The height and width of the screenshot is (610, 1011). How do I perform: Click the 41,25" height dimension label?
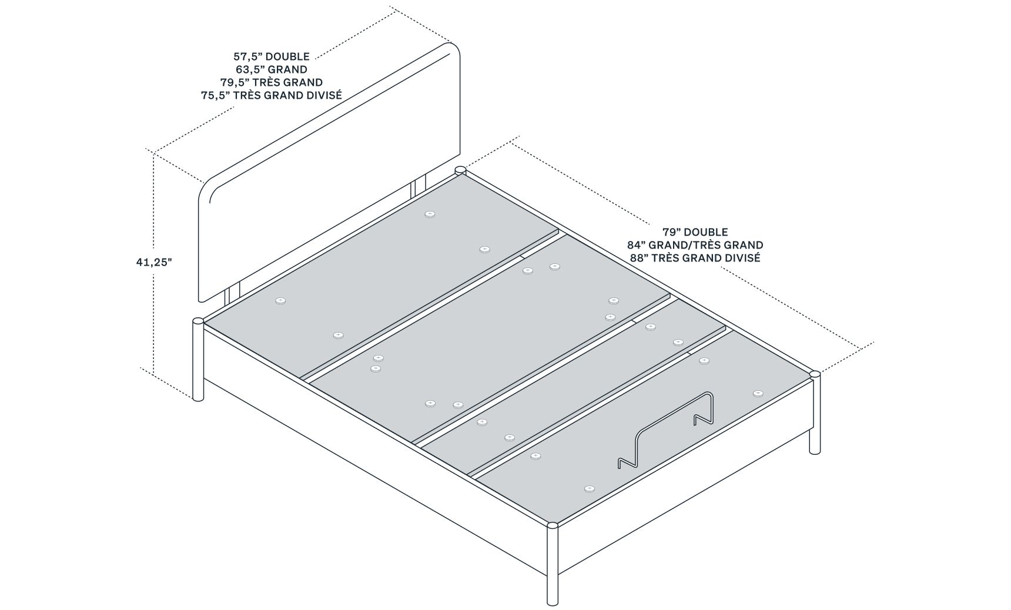pos(154,262)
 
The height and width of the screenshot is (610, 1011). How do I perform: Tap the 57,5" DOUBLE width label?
pos(272,57)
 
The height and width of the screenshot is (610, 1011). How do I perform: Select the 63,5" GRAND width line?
pos(272,69)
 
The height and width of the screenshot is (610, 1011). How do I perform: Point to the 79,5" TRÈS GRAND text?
pos(272,82)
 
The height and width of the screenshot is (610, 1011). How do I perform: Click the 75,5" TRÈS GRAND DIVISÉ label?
pos(272,95)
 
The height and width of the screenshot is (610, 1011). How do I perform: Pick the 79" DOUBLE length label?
pos(695,232)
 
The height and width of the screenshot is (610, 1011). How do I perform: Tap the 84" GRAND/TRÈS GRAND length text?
pos(695,245)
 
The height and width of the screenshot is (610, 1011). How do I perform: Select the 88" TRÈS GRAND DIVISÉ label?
pos(695,257)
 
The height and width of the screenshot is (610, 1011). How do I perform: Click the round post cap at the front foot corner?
pos(553,526)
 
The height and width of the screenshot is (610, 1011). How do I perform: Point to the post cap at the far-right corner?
pos(814,374)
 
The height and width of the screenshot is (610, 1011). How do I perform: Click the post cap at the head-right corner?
pos(460,170)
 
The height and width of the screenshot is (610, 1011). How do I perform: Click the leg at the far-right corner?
pos(815,414)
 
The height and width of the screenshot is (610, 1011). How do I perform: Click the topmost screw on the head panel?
pos(430,214)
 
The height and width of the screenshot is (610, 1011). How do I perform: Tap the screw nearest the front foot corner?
pos(590,488)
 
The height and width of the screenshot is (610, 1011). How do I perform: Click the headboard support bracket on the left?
pos(233,297)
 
